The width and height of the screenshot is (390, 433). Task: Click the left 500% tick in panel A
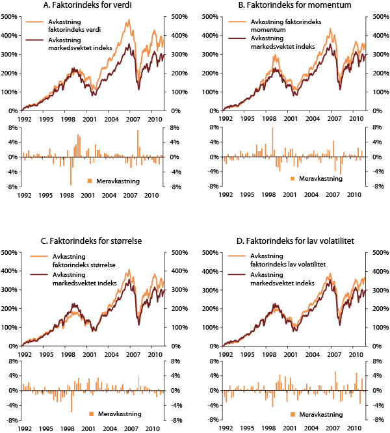(10, 16)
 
